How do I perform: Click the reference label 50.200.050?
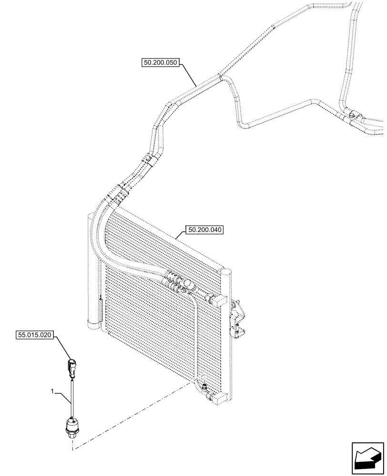(160, 62)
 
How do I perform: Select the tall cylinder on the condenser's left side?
(94, 271)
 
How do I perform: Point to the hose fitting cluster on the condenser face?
(179, 282)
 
